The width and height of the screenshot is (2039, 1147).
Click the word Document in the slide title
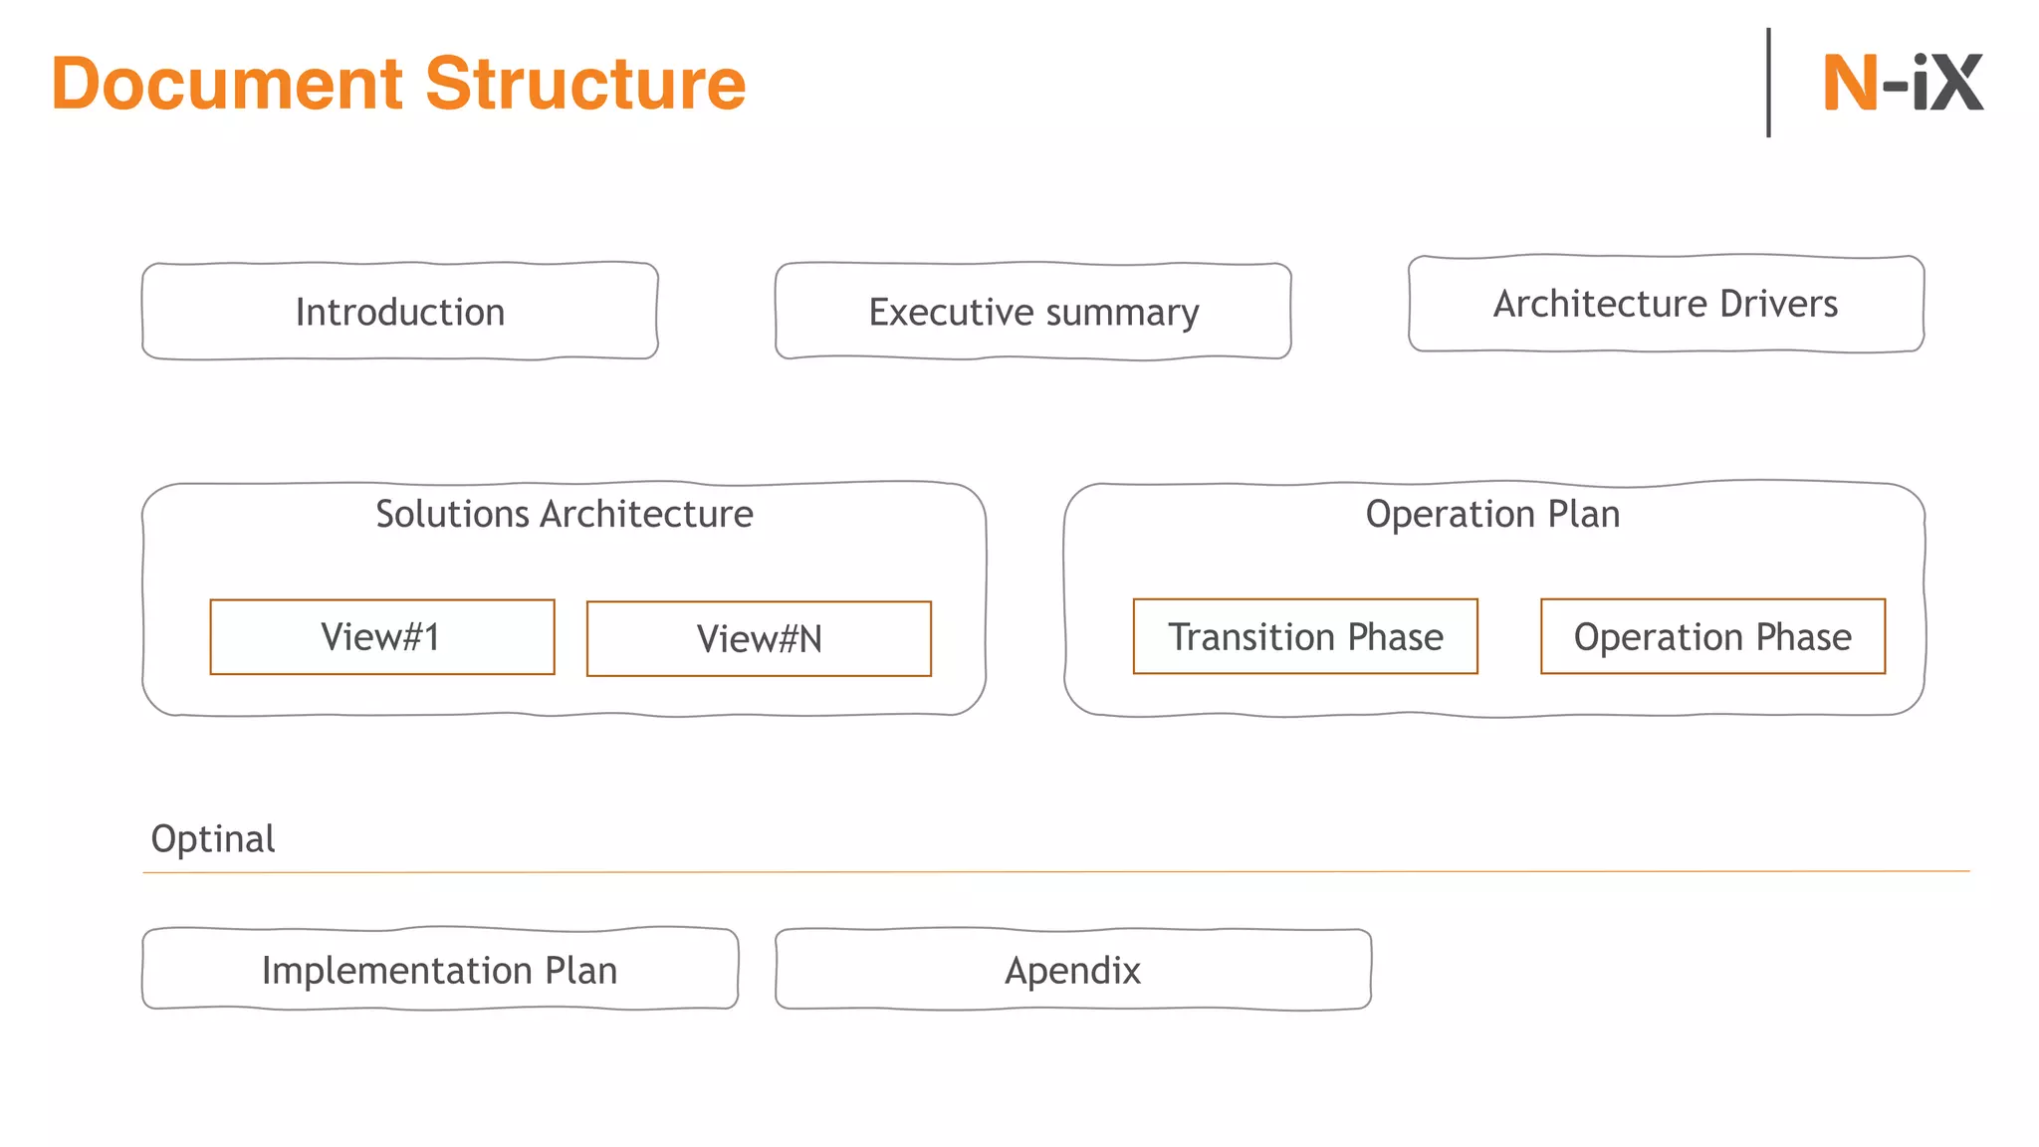pos(227,84)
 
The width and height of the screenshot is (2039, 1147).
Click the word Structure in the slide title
pos(585,84)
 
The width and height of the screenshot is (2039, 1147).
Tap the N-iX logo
pos(1902,84)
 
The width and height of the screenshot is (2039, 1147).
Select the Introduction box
pos(400,312)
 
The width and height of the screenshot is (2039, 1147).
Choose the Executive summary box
pos(1033,312)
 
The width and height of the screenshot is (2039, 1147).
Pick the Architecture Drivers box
pos(1666,304)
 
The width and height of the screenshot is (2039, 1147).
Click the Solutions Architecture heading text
pos(565,514)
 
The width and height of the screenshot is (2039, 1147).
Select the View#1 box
pos(382,637)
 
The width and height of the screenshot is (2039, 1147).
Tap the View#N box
pos(759,639)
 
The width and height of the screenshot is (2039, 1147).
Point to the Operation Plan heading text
pos(1492,514)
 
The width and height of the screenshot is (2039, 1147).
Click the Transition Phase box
pos(1305,637)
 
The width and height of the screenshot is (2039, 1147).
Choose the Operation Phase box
pos(1712,637)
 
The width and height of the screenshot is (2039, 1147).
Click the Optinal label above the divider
pos(213,838)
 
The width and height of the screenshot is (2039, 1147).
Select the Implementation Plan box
pos(440,970)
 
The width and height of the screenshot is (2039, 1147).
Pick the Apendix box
pos(1073,970)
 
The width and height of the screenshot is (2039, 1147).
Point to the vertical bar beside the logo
pos(1768,83)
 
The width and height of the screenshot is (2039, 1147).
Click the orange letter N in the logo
pos(1850,84)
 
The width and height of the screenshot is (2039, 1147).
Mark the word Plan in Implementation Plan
pos(580,970)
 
